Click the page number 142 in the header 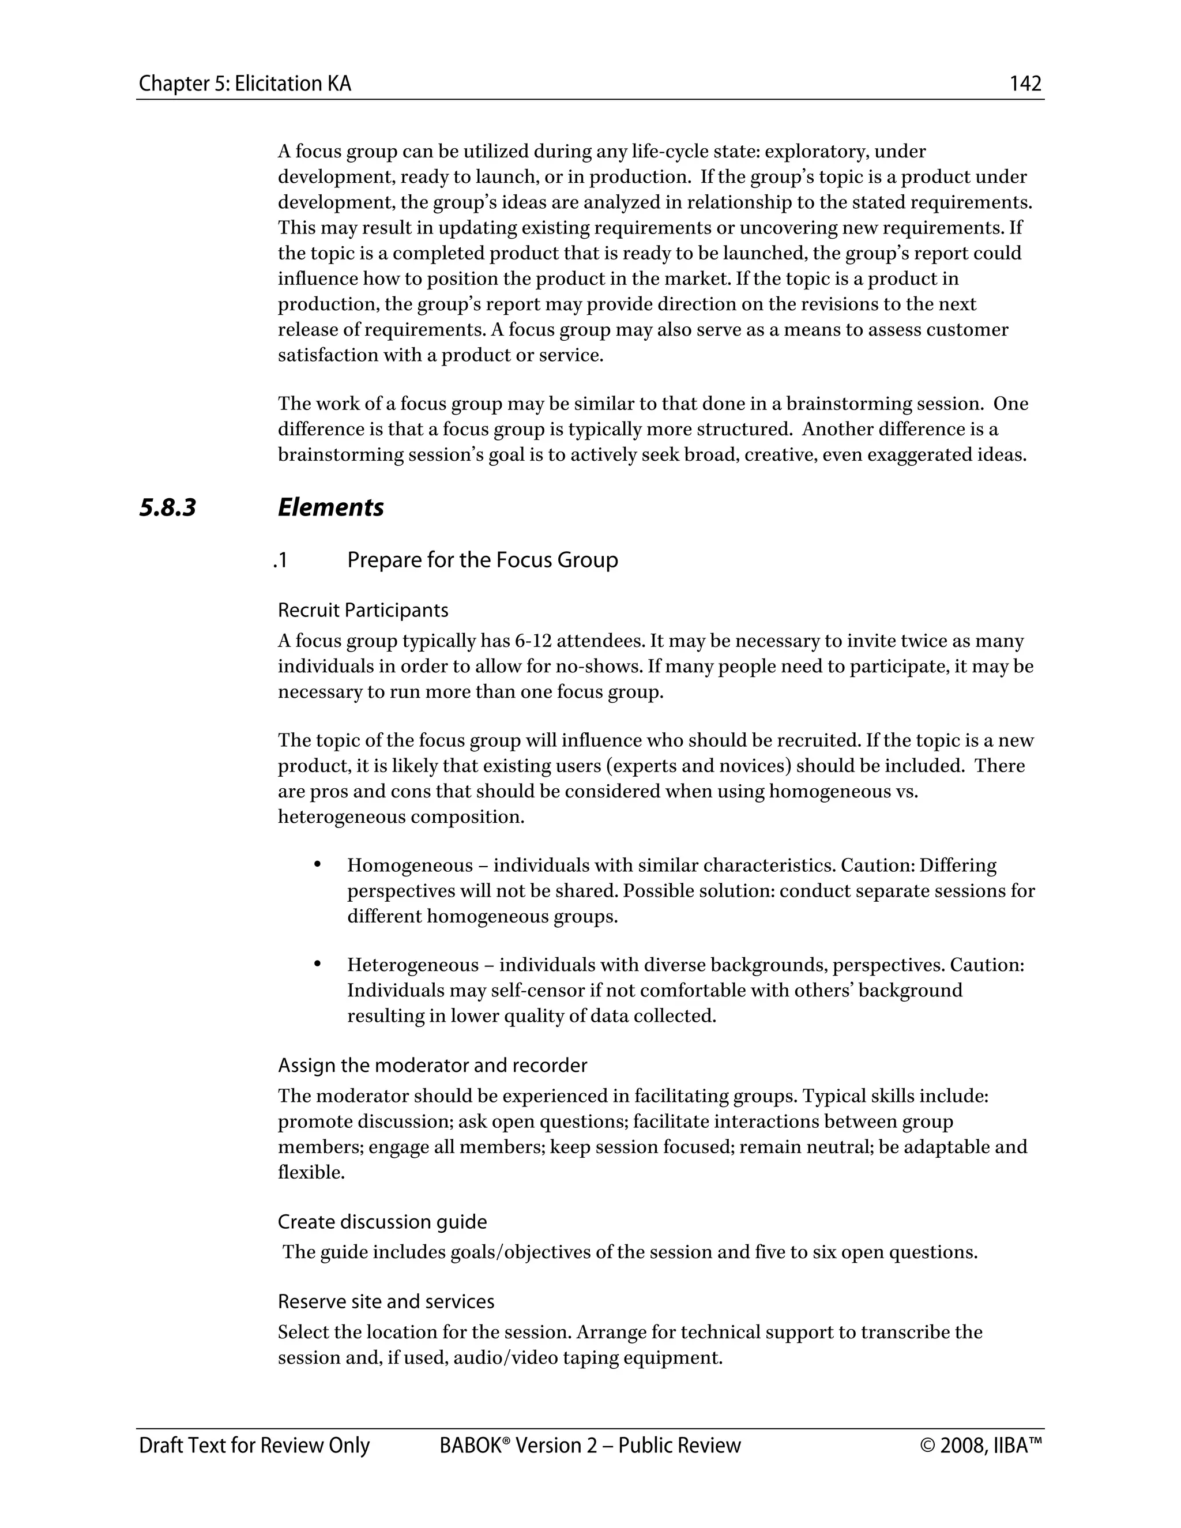tap(1025, 84)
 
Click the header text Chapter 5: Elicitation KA tap(245, 84)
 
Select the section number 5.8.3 tap(168, 507)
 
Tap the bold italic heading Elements tap(330, 507)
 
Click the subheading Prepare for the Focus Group tap(482, 560)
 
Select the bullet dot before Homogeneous tap(317, 865)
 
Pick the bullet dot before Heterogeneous tap(317, 964)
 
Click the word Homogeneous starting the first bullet tap(410, 866)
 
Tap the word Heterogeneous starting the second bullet tap(413, 965)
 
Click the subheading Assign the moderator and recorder tap(432, 1065)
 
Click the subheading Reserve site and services tap(386, 1301)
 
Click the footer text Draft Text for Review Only tap(254, 1446)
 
